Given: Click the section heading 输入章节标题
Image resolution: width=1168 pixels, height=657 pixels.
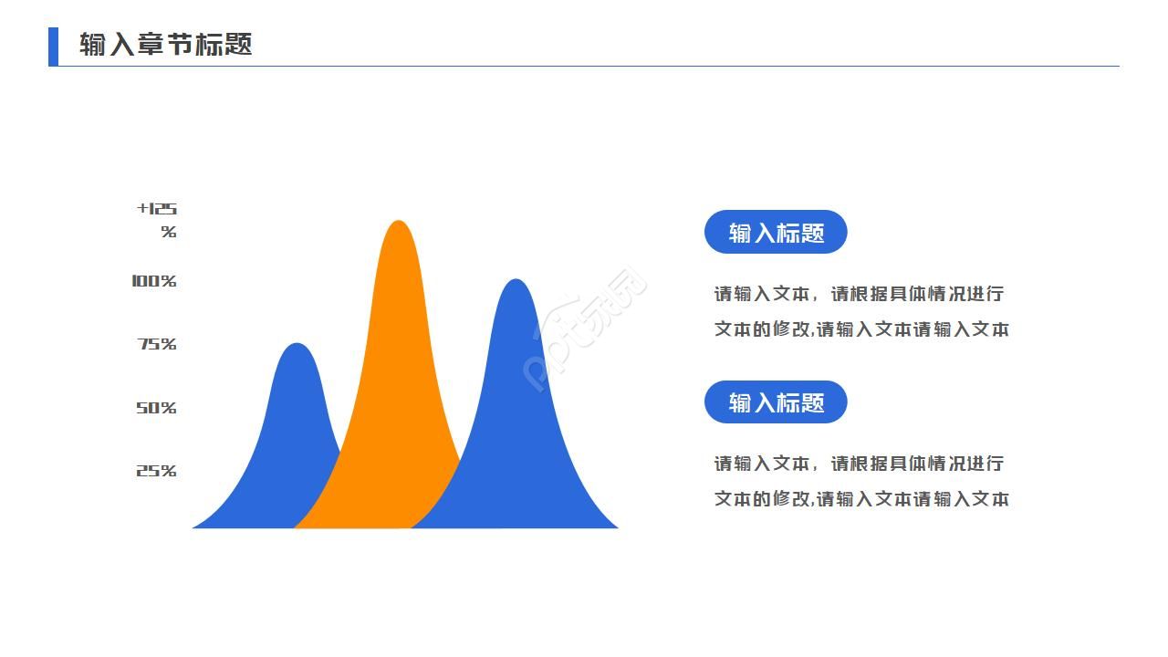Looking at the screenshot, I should (x=165, y=45).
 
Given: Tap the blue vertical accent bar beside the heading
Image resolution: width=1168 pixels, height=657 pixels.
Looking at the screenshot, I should (x=53, y=47).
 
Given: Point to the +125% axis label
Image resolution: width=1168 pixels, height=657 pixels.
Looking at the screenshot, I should (x=158, y=220).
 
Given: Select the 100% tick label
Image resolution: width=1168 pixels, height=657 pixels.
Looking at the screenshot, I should (x=153, y=281).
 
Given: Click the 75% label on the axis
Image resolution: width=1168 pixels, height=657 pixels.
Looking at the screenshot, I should (x=156, y=344).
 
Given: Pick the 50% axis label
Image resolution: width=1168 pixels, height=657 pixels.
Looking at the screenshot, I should (x=156, y=408).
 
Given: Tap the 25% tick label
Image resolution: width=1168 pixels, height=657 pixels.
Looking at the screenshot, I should (x=156, y=471).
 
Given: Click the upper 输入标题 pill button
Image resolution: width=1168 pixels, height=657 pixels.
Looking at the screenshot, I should (x=776, y=233).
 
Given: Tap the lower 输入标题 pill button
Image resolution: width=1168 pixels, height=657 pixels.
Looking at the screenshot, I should (x=776, y=402).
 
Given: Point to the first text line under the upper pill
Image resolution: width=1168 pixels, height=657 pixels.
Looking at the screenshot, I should (x=859, y=294).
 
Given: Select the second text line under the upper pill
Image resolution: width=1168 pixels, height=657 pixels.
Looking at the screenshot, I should (x=861, y=329).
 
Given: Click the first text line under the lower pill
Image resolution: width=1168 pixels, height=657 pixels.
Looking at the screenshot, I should (x=859, y=464).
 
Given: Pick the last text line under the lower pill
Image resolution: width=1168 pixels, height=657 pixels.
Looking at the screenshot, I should (x=861, y=499).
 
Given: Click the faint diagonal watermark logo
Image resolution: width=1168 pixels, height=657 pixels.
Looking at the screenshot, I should (x=586, y=328).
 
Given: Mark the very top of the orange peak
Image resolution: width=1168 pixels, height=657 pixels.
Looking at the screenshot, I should (x=398, y=222).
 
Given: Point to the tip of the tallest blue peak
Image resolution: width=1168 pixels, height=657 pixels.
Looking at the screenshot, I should (x=516, y=280).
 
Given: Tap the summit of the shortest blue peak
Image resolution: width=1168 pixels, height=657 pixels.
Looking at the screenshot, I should (x=297, y=345).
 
